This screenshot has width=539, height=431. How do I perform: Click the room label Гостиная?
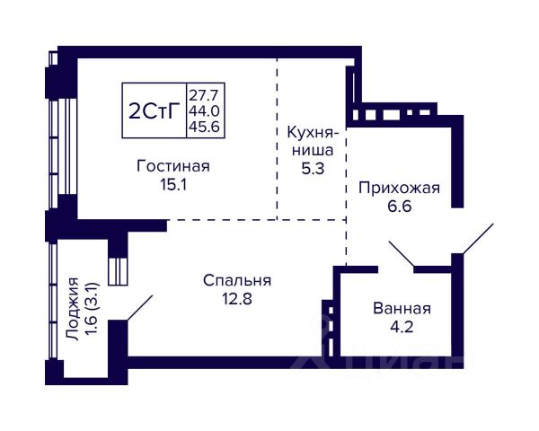pos(173,166)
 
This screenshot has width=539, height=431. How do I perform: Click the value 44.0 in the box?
pos(205,110)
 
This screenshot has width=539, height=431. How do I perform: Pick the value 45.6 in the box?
pos(205,127)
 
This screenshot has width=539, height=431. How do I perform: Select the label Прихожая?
pos(399,188)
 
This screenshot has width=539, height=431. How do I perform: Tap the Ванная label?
pos(402,309)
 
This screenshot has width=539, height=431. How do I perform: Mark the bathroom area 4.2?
pos(402,328)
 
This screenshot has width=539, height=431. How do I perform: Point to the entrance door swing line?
pos(477,239)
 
